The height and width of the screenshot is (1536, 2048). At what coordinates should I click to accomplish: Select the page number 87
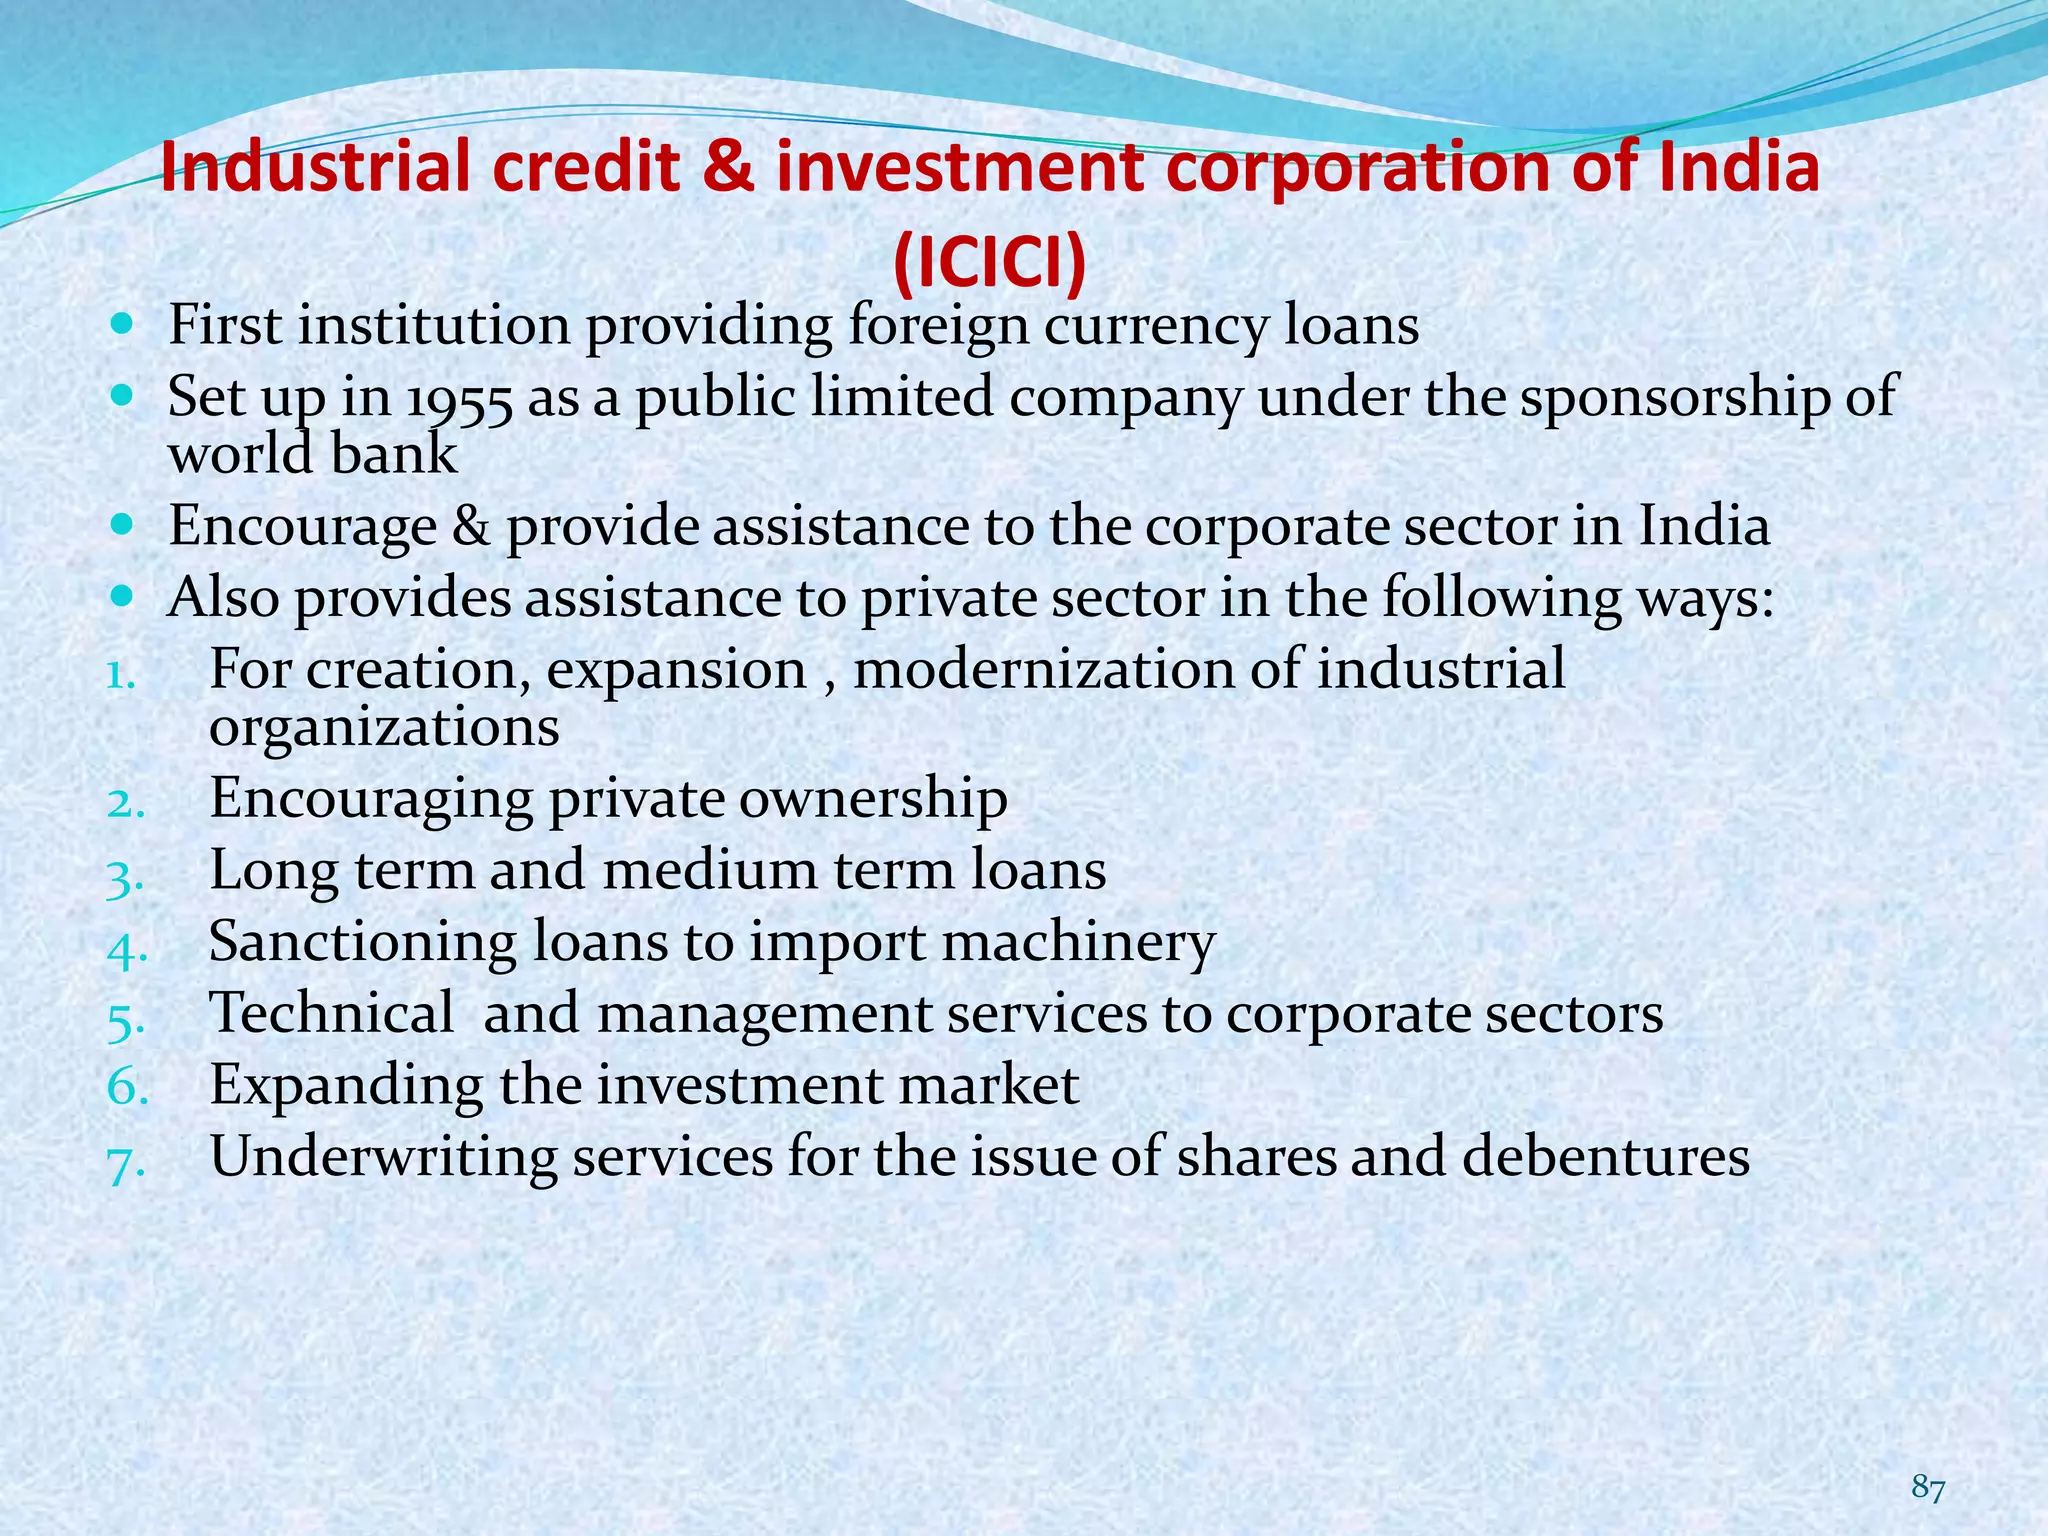click(x=1928, y=1488)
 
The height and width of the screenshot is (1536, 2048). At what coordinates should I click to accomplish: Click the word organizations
click(x=384, y=727)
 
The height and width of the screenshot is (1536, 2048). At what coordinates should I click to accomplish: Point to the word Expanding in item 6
click(x=346, y=1087)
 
